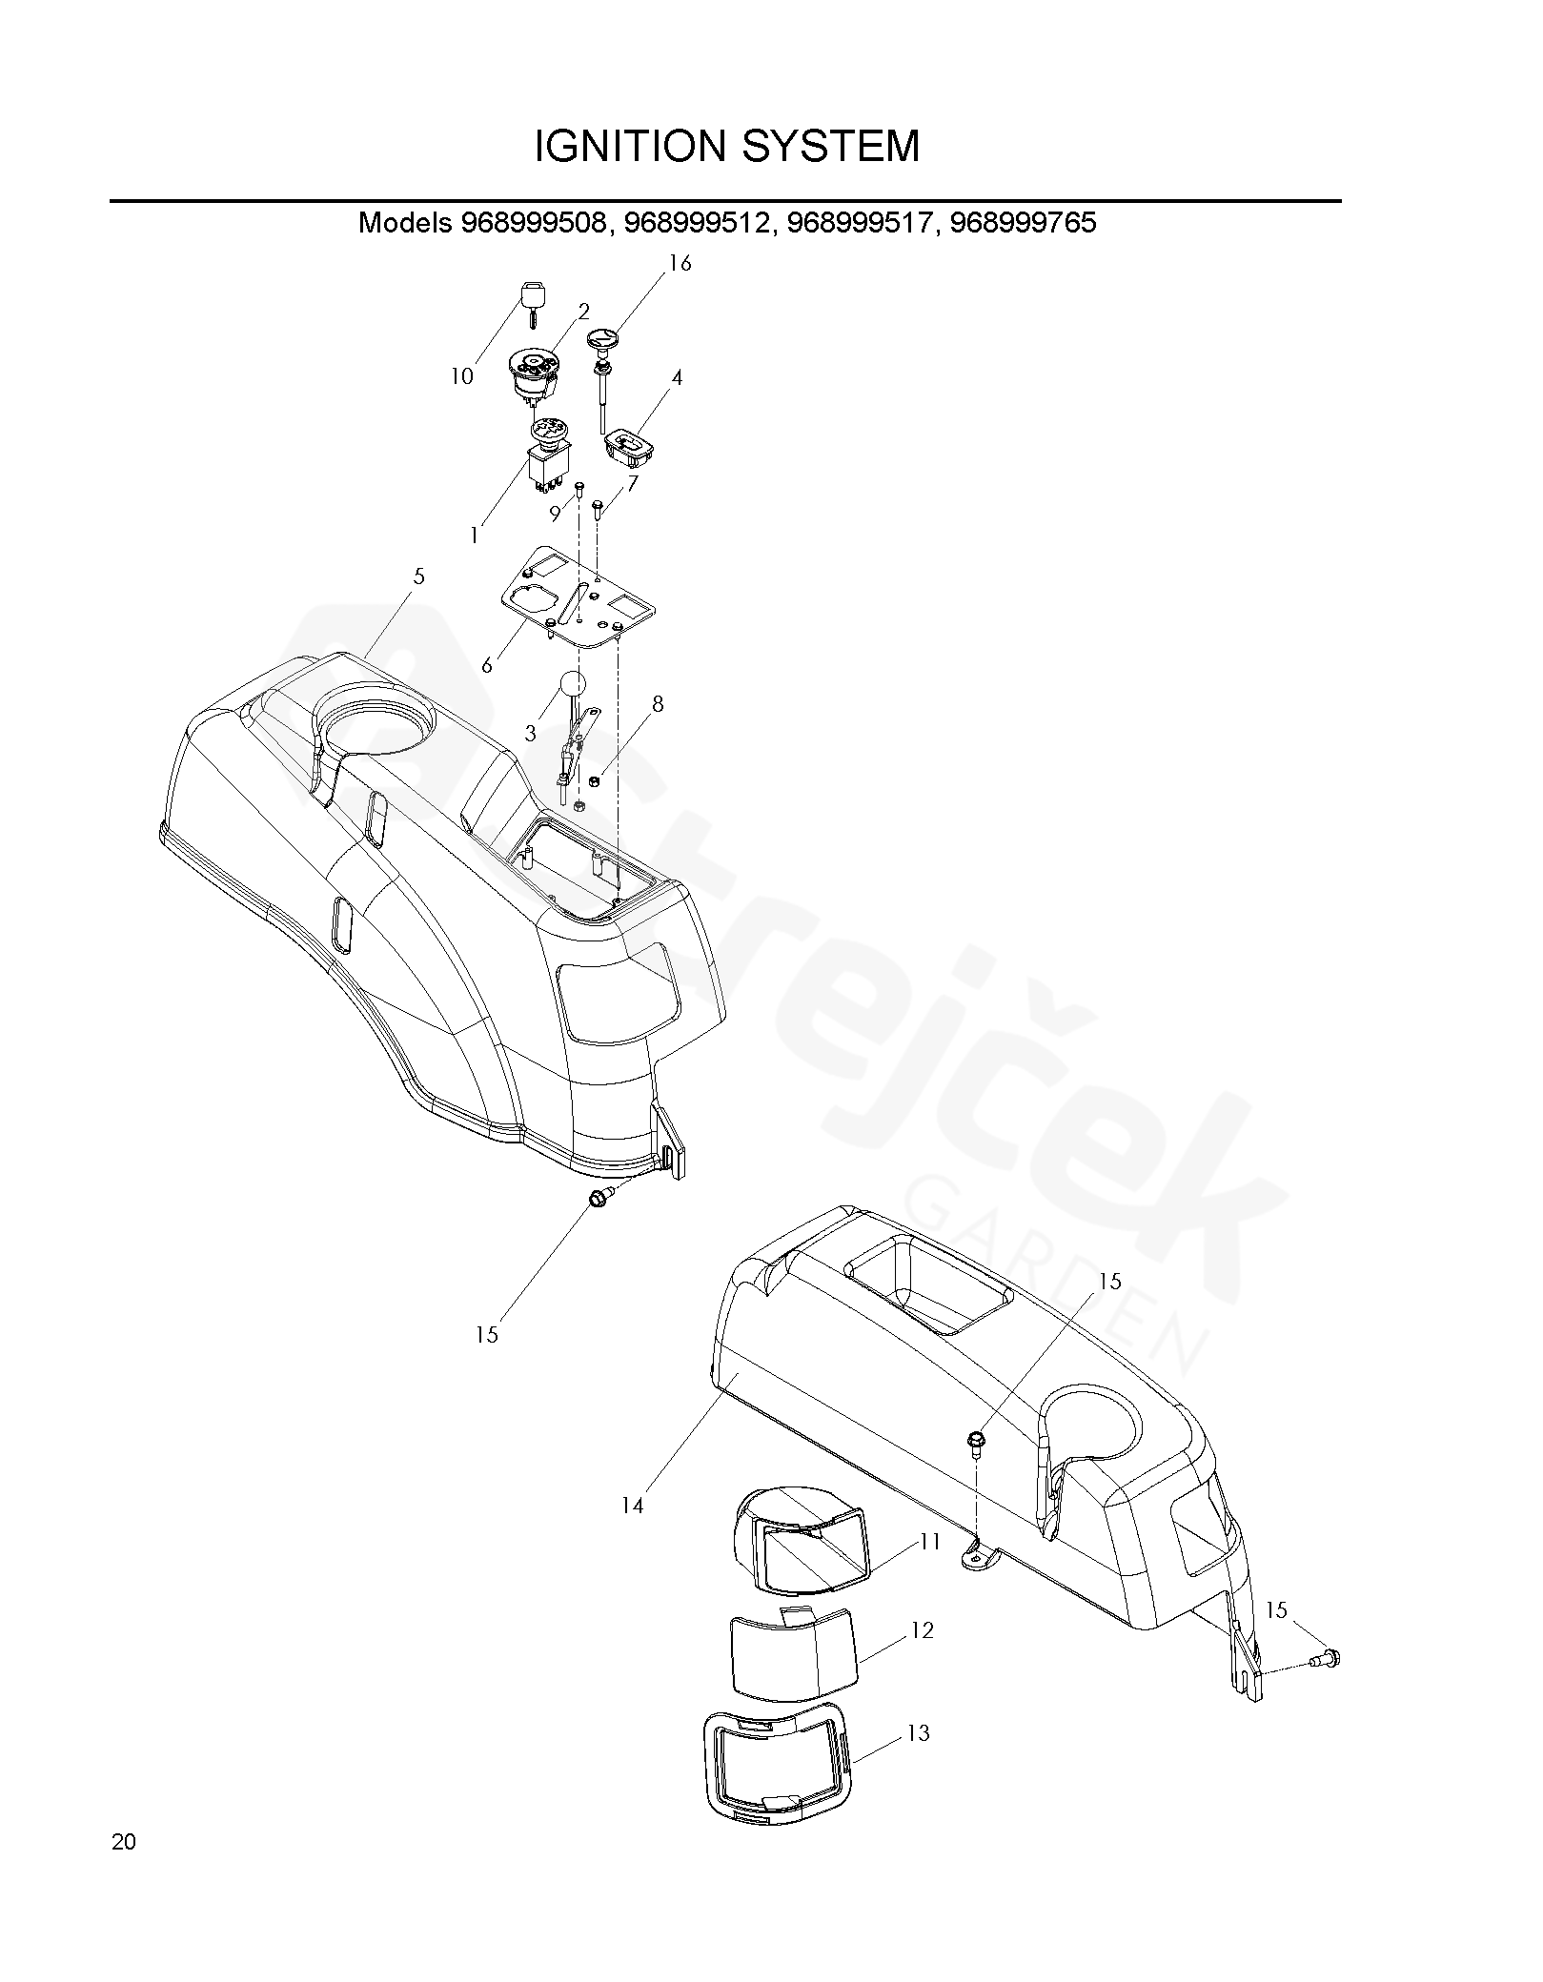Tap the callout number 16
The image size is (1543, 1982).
(x=680, y=264)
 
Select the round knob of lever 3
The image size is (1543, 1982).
(x=572, y=684)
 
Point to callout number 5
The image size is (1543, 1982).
(x=419, y=577)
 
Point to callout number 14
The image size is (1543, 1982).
(x=633, y=1506)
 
